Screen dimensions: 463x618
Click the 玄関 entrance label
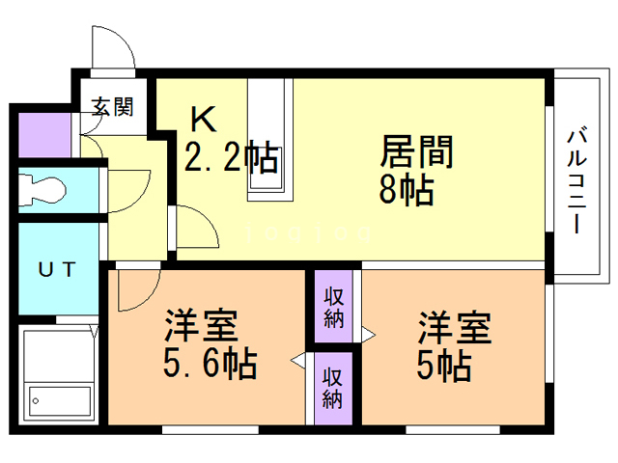(113, 106)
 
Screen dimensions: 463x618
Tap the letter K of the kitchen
(202, 120)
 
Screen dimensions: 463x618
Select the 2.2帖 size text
(232, 157)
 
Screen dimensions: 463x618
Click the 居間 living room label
(417, 151)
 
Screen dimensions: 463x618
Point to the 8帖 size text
(406, 189)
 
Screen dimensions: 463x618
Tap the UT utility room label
(56, 271)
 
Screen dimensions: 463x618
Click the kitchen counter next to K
(269, 140)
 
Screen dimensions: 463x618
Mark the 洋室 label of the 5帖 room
(455, 327)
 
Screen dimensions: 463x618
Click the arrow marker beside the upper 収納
(368, 333)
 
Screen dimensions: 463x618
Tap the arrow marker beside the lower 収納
(299, 363)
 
